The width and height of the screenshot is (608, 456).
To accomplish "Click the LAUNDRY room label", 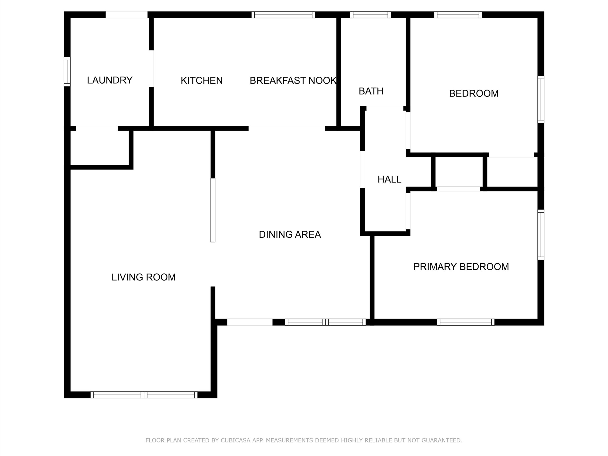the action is [x=110, y=80].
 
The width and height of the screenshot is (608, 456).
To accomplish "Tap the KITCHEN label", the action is [x=202, y=81].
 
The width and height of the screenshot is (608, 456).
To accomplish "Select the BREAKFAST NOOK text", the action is [x=293, y=81].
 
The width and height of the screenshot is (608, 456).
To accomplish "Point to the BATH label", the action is [x=371, y=91].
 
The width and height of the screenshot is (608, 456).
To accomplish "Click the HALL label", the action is [x=389, y=180].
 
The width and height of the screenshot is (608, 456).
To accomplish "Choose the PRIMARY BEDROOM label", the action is [x=461, y=267].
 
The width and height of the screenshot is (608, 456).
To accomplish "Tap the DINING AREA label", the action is [x=290, y=234].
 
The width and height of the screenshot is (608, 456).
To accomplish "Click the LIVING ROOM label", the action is [x=143, y=277].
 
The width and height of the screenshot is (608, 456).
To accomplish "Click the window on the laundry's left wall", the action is [x=67, y=71].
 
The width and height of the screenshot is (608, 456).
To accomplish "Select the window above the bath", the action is [x=370, y=15].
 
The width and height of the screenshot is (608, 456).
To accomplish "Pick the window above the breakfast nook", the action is [x=283, y=15].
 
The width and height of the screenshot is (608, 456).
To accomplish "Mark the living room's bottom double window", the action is [x=144, y=395].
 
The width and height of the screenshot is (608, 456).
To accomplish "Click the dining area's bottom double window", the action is [x=325, y=322].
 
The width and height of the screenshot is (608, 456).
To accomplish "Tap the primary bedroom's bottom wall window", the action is [x=466, y=322].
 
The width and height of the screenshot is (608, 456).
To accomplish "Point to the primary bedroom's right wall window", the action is [x=541, y=235].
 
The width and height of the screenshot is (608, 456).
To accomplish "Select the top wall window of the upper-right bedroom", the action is [x=458, y=15].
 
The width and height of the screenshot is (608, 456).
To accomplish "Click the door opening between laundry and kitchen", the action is [x=152, y=68].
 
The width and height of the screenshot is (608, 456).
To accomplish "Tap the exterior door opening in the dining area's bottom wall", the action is [x=250, y=322].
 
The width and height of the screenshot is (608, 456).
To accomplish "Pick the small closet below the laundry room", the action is [x=100, y=148].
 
